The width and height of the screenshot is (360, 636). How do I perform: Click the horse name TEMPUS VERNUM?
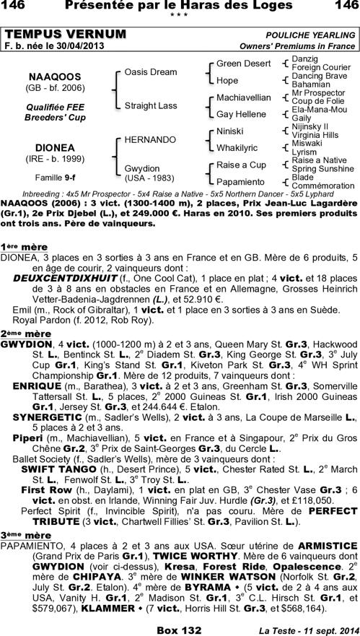[x=65, y=35]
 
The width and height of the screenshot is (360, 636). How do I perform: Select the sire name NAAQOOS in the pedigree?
[x=49, y=77]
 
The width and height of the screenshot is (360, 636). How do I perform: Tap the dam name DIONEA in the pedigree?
[x=49, y=147]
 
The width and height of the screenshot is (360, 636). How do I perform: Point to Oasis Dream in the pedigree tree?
[x=150, y=72]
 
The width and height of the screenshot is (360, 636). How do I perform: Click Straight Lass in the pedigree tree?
[x=150, y=105]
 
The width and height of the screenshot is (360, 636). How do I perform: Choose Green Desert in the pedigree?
[x=243, y=64]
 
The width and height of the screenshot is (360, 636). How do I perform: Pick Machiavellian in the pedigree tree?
[x=243, y=97]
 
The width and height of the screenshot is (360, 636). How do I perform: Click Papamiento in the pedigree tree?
[x=241, y=182]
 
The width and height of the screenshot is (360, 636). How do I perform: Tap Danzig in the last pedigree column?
[x=304, y=58]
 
